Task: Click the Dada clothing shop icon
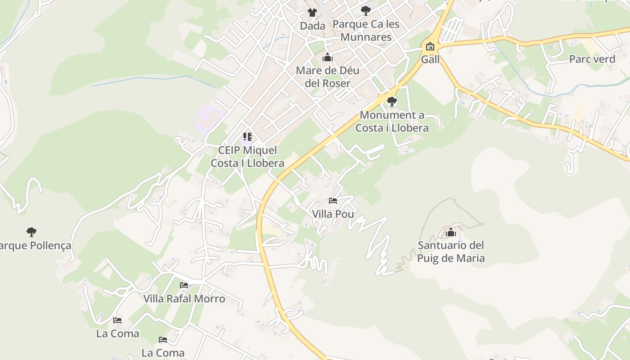(x=312, y=13)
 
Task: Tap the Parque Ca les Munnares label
(x=366, y=31)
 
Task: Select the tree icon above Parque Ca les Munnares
(x=366, y=10)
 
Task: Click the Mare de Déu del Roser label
(x=328, y=77)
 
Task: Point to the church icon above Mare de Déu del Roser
(x=328, y=58)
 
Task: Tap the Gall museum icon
(x=430, y=46)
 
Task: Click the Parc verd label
(x=592, y=59)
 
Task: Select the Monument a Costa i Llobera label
(x=392, y=121)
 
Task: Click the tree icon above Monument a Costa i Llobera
(x=392, y=102)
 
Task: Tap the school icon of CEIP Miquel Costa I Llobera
(x=247, y=137)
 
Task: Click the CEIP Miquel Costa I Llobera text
(x=247, y=157)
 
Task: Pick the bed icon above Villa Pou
(x=333, y=201)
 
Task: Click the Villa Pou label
(x=333, y=214)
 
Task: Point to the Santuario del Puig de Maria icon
(x=451, y=232)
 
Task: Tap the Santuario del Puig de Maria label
(x=451, y=252)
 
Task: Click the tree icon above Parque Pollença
(x=31, y=232)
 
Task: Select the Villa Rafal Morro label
(x=184, y=299)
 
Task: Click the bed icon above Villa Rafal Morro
(x=184, y=285)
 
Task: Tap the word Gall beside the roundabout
(x=430, y=59)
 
